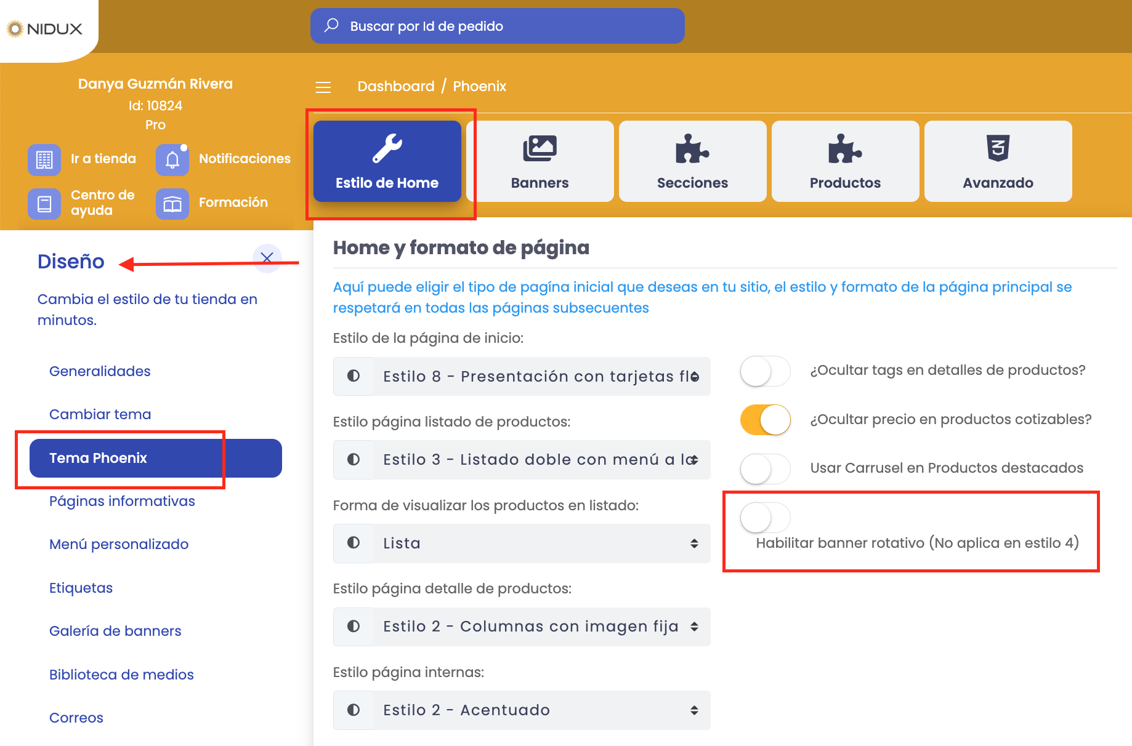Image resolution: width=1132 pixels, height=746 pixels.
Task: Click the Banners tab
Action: pyautogui.click(x=540, y=161)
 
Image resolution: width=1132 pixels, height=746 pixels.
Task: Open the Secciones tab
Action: pyautogui.click(x=692, y=161)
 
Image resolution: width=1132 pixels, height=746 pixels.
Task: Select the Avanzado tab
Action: pyautogui.click(x=998, y=161)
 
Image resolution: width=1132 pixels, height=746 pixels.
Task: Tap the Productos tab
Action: pyautogui.click(x=845, y=161)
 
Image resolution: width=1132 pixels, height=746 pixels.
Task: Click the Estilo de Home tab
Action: pyautogui.click(x=387, y=161)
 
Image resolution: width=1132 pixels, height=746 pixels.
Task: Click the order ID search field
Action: pyautogui.click(x=497, y=26)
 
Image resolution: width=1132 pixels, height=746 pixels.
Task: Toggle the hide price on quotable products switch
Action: pyautogui.click(x=765, y=420)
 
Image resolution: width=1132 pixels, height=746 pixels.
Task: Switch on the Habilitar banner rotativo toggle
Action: pyautogui.click(x=765, y=518)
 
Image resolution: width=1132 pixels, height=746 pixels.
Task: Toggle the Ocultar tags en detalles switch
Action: pyautogui.click(x=765, y=371)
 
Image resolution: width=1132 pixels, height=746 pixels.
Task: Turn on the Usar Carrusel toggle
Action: pyautogui.click(x=765, y=469)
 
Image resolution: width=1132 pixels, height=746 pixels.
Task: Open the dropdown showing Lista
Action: pyautogui.click(x=522, y=543)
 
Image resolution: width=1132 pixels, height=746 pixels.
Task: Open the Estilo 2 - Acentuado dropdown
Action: pyautogui.click(x=522, y=710)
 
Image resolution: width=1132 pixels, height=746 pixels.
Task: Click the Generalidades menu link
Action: pyautogui.click(x=100, y=371)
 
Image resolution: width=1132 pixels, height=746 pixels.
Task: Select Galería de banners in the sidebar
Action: pyautogui.click(x=115, y=631)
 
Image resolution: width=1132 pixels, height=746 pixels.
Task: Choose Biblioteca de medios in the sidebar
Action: pyautogui.click(x=121, y=675)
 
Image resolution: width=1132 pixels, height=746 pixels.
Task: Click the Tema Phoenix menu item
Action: pyautogui.click(x=155, y=458)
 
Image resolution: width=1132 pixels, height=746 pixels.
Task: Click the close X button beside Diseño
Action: pyautogui.click(x=267, y=258)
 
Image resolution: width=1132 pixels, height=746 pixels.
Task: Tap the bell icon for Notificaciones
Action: pyautogui.click(x=172, y=159)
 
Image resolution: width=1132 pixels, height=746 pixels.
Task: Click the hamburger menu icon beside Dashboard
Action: pyautogui.click(x=323, y=87)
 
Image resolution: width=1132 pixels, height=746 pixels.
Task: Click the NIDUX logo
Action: pyautogui.click(x=45, y=28)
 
